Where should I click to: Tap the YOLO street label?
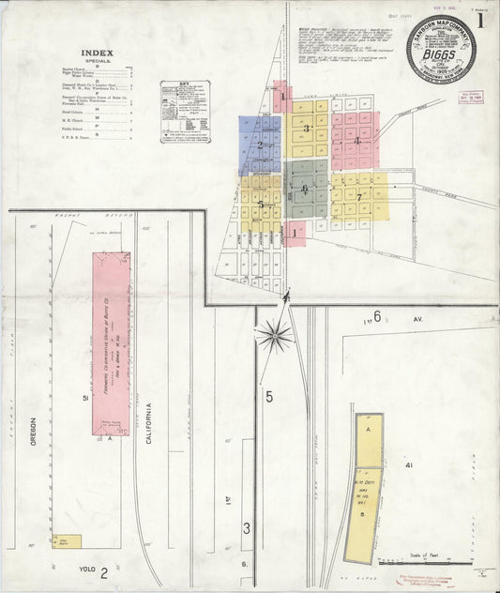(x=86, y=568)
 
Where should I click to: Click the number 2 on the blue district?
(x=260, y=145)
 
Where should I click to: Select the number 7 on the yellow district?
(x=358, y=196)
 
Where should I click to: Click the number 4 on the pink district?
(x=357, y=141)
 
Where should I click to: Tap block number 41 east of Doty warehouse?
(x=409, y=465)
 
